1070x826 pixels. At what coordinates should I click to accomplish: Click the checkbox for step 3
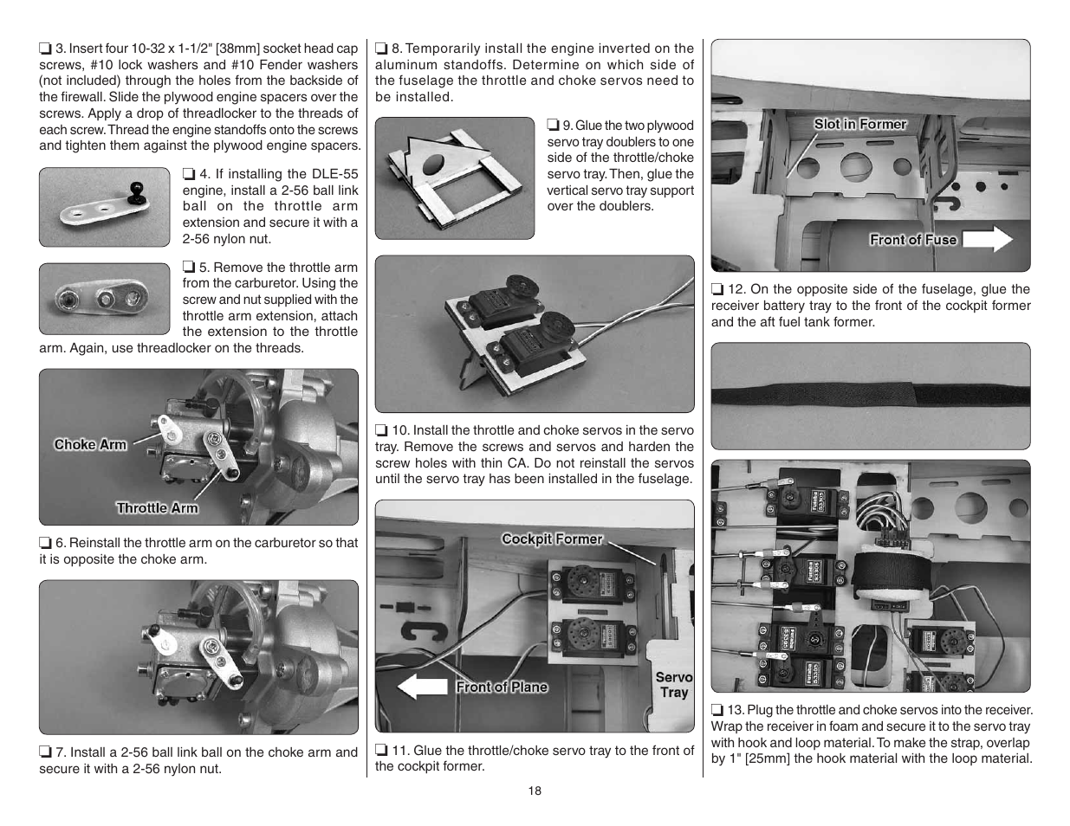pyautogui.click(x=45, y=48)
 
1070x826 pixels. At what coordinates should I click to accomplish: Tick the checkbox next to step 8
pyautogui.click(x=381, y=48)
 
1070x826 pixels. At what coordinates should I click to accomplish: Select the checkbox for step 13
pyautogui.click(x=717, y=710)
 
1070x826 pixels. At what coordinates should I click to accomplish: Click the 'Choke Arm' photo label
pyautogui.click(x=90, y=444)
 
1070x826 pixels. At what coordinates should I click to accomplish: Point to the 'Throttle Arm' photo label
pyautogui.click(x=157, y=508)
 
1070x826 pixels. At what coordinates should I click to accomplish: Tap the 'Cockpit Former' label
pyautogui.click(x=552, y=539)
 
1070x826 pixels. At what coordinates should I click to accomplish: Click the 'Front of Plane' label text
pyautogui.click(x=502, y=687)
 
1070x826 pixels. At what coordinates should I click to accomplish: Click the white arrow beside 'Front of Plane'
pyautogui.click(x=423, y=687)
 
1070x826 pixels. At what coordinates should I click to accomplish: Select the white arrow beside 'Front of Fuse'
pyautogui.click(x=988, y=240)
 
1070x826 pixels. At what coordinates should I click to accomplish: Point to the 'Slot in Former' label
pyautogui.click(x=859, y=124)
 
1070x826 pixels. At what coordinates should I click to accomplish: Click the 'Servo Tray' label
pyautogui.click(x=673, y=684)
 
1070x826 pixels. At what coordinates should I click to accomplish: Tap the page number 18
pyautogui.click(x=535, y=791)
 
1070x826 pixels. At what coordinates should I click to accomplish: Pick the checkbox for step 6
pyautogui.click(x=45, y=543)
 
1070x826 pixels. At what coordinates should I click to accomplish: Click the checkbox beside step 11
pyautogui.click(x=381, y=751)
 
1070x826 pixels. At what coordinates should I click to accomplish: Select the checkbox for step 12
pyautogui.click(x=717, y=289)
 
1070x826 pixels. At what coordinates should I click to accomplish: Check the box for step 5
pyautogui.click(x=188, y=268)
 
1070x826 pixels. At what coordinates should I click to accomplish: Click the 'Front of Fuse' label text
pyautogui.click(x=913, y=240)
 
